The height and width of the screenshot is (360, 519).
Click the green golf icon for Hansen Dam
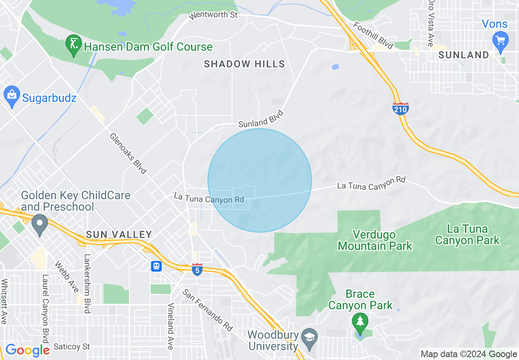point(74,45)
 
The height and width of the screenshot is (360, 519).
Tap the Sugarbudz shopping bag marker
point(12,96)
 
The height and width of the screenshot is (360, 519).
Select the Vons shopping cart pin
point(501,40)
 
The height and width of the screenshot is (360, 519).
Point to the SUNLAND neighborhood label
point(464,55)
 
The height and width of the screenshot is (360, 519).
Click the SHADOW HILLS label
point(244,64)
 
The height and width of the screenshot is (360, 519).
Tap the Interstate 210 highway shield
point(400,108)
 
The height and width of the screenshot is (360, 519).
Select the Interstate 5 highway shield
point(197,270)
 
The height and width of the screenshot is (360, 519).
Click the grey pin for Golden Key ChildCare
point(40,224)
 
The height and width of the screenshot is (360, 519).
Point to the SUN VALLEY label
point(119,235)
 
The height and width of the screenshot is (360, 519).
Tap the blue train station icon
point(156,266)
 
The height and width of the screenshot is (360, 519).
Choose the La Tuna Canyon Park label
point(467,234)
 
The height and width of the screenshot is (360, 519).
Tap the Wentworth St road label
point(213,16)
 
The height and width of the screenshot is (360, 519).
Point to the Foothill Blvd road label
point(373,36)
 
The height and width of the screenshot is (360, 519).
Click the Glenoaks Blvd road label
point(128,153)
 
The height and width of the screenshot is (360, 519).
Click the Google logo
point(27,350)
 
